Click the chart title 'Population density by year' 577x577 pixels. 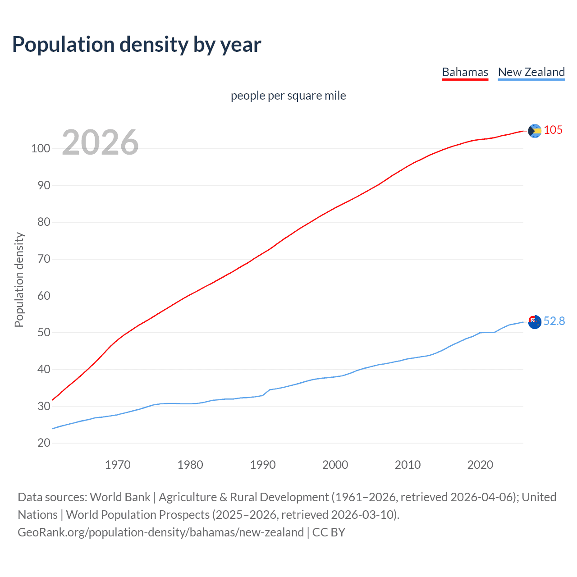(137, 45)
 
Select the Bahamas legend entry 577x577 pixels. (465, 72)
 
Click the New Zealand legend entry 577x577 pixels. (531, 72)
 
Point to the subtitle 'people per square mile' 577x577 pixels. (288, 96)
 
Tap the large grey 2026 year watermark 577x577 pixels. (100, 142)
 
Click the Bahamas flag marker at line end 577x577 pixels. (534, 131)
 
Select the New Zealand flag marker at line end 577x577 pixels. (534, 322)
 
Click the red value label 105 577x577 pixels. (553, 130)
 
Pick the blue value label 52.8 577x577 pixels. (554, 321)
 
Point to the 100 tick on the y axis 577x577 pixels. (41, 149)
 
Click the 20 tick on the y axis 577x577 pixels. (44, 443)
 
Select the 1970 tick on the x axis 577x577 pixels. (118, 465)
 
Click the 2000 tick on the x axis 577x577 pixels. (335, 465)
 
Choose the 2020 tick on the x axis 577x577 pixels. (480, 465)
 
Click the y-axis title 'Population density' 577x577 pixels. (19, 279)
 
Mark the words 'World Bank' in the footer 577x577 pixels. (120, 497)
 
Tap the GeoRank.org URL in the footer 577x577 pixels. (160, 532)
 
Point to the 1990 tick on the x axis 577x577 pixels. (263, 465)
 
